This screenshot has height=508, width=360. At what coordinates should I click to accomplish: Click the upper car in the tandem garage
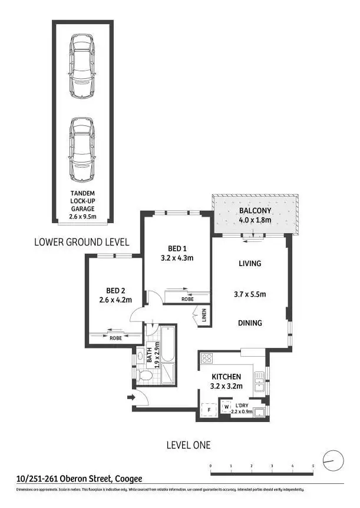pos(82,66)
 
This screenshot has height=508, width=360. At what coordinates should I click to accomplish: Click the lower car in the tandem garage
pos(82,150)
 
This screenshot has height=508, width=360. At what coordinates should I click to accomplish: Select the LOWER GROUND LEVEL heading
pos(81,242)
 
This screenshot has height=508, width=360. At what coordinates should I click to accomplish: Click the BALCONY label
pos(255,211)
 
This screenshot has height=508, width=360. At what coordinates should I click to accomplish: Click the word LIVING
pos(249,264)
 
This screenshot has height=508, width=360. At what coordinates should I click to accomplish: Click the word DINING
pos(249,323)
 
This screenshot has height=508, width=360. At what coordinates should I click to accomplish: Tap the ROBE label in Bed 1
pos(187,299)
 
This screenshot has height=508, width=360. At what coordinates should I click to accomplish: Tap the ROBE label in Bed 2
pos(115,338)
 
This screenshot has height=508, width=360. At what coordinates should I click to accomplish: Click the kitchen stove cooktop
pos(207,357)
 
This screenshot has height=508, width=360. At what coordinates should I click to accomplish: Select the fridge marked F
pos(207,410)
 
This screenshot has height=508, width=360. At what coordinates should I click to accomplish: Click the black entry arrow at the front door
pos(130,398)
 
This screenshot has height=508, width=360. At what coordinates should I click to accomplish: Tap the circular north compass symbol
pos(333,459)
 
